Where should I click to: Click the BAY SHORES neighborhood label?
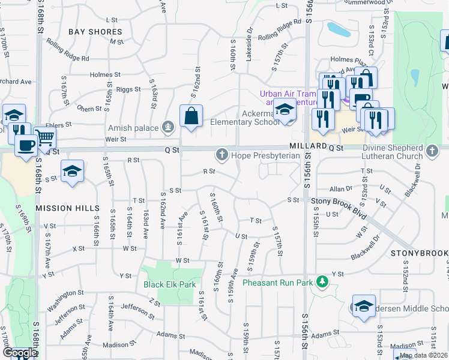(x=95, y=31)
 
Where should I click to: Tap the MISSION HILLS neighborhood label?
(x=67, y=208)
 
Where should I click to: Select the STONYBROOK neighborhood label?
(x=419, y=254)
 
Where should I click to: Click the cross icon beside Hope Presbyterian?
(x=221, y=155)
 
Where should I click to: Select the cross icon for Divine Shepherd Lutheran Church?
(x=432, y=149)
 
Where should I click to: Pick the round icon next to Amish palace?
(x=168, y=127)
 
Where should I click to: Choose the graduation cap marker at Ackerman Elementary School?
(x=286, y=110)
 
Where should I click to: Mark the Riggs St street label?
(x=128, y=89)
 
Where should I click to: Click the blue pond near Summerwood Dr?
(x=337, y=28)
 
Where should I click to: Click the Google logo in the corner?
(x=19, y=353)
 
